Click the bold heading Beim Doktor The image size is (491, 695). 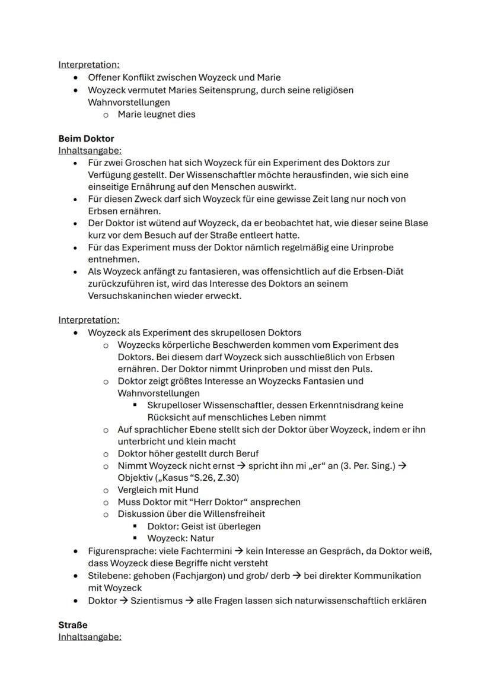point(86,138)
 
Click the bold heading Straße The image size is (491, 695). point(73,625)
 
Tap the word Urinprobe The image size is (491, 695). point(370,247)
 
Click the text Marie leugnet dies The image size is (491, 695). point(156,114)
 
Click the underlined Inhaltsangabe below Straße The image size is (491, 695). point(90,637)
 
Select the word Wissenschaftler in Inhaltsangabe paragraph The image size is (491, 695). point(219,174)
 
